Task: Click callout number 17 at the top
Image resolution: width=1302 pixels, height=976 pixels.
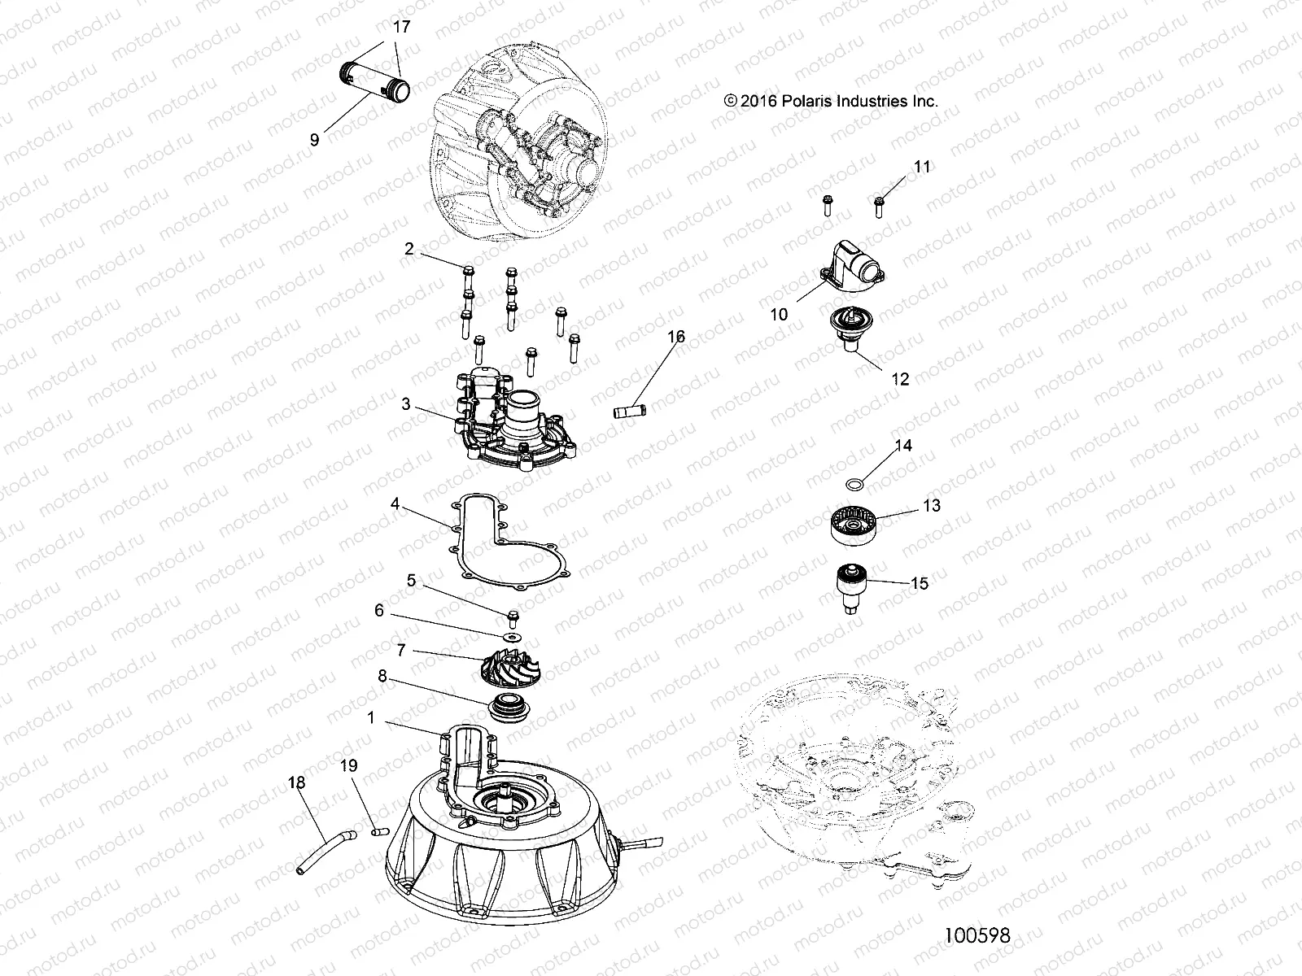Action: [x=401, y=27]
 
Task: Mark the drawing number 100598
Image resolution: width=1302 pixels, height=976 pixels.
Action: [x=977, y=936]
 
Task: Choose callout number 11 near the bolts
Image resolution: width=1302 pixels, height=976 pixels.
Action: [x=922, y=166]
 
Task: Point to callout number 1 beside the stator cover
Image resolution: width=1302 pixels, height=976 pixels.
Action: [x=371, y=718]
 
